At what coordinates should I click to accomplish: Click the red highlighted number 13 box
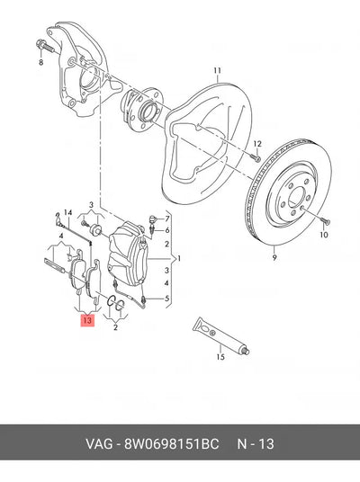(x=87, y=321)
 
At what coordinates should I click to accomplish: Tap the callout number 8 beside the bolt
(x=40, y=62)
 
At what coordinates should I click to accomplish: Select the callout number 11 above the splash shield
(x=218, y=71)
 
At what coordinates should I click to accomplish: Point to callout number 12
(x=257, y=144)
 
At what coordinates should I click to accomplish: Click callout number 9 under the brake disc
(x=274, y=257)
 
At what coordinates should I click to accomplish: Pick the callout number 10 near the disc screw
(x=324, y=235)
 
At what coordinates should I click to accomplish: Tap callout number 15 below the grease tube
(x=220, y=357)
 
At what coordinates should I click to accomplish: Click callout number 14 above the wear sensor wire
(x=68, y=212)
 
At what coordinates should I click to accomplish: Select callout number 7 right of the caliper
(x=167, y=219)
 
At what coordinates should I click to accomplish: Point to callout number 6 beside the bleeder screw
(x=167, y=230)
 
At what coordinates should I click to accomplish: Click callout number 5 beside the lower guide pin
(x=167, y=299)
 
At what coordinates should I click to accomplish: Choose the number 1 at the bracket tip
(x=179, y=259)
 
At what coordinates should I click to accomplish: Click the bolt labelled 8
(x=45, y=46)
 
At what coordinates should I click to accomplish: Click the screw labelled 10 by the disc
(x=325, y=220)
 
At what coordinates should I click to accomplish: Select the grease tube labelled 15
(x=220, y=335)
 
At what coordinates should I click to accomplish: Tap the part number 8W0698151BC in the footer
(x=171, y=444)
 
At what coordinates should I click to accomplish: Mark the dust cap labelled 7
(x=154, y=219)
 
